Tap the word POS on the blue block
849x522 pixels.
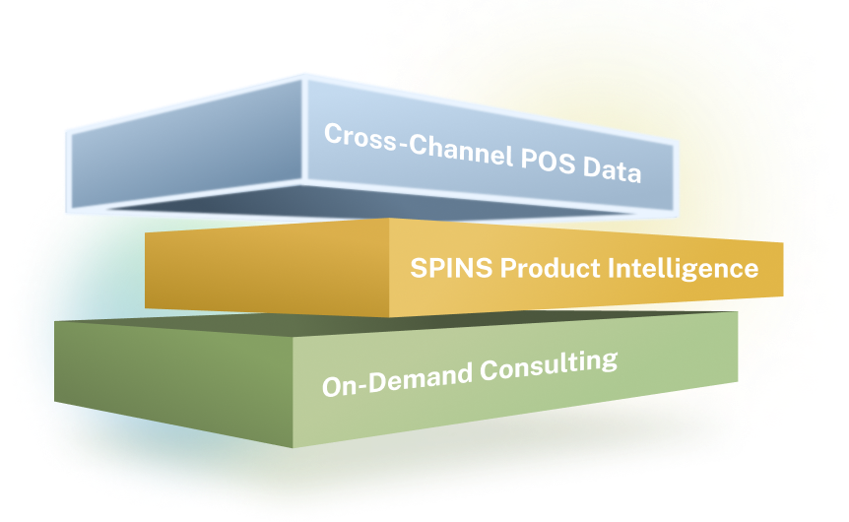tap(548, 161)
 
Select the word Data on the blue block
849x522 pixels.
tap(613, 169)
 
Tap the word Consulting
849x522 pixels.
tap(549, 365)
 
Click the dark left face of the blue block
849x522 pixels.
tap(186, 145)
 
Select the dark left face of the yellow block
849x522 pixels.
tap(267, 266)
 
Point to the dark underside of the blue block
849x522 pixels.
tap(373, 204)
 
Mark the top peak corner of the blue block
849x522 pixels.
tap(303, 78)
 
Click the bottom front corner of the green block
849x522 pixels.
tap(293, 448)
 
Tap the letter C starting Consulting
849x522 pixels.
tap(490, 371)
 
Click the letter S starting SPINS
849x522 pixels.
tap(420, 268)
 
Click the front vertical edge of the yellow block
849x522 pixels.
tap(389, 268)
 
